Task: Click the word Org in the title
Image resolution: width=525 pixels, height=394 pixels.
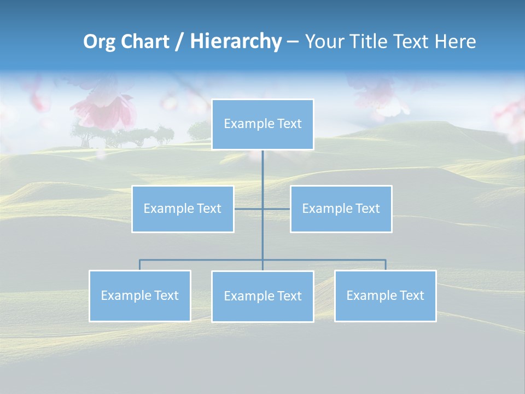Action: (98, 42)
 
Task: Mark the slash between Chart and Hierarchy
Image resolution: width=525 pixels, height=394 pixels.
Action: (179, 42)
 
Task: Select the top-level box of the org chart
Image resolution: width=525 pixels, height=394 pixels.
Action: (262, 124)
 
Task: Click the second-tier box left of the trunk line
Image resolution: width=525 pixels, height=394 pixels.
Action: (183, 209)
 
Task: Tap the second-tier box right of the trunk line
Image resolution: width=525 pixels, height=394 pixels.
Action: (341, 209)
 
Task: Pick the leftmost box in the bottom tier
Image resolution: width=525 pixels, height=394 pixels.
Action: (139, 296)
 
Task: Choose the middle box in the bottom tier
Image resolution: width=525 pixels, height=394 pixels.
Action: (262, 297)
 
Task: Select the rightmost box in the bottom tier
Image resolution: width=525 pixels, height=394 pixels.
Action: (385, 296)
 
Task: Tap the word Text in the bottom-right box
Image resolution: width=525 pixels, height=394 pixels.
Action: (412, 296)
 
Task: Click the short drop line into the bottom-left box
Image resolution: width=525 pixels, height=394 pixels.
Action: (139, 265)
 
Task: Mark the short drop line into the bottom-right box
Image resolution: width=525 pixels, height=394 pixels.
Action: (386, 265)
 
